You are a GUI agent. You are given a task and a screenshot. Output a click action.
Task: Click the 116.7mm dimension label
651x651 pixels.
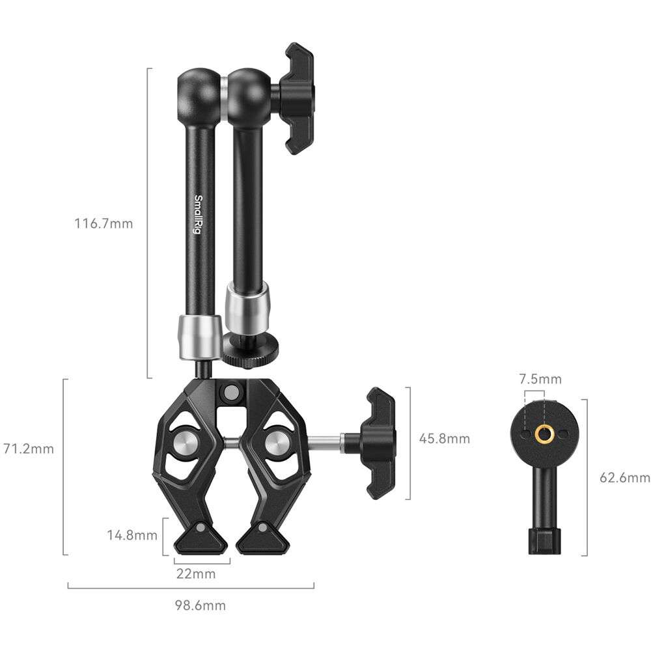(104, 224)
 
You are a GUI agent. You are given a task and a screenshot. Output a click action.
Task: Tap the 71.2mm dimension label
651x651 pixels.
(29, 449)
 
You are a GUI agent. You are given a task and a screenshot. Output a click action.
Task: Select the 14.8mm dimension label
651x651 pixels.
(132, 535)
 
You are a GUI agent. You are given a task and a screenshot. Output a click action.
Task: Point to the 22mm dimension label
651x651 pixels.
(196, 574)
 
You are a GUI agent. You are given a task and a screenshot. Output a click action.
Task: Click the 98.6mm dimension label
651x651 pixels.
(200, 605)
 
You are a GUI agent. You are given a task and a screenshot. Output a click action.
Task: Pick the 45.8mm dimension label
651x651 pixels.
(445, 438)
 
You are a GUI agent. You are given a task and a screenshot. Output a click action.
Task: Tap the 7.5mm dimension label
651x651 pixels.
(540, 379)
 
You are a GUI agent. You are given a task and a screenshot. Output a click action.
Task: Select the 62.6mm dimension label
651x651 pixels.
(625, 478)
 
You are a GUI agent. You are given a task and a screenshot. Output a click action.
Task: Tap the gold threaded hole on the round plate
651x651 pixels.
(544, 434)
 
